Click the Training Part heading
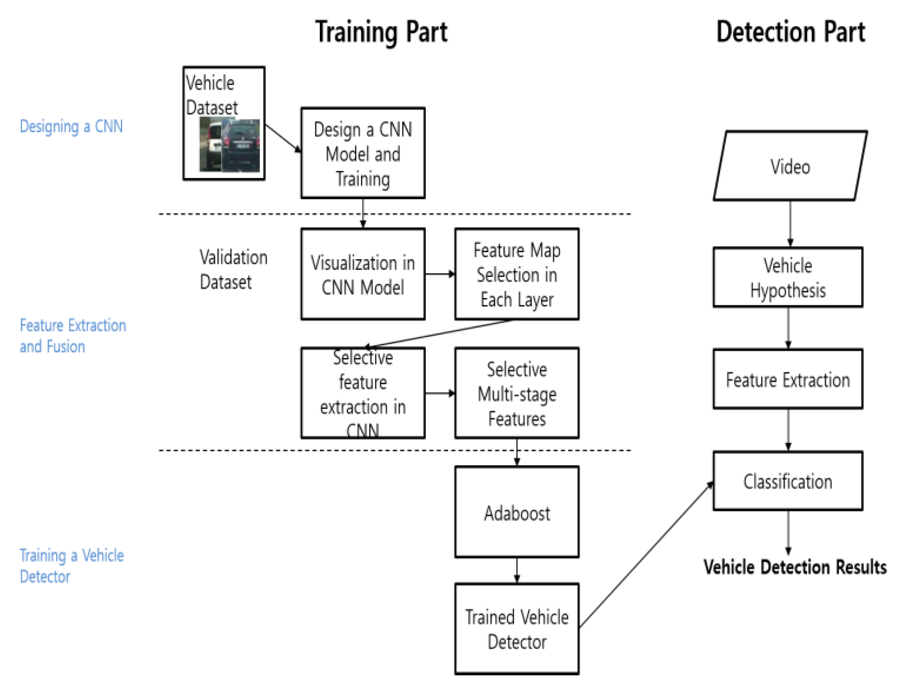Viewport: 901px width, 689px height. (x=381, y=32)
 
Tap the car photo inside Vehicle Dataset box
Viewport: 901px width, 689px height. (x=230, y=145)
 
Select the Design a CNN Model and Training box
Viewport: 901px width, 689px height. (x=363, y=153)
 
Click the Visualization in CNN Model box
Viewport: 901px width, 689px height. (x=363, y=274)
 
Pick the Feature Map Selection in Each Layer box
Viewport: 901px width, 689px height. (x=517, y=274)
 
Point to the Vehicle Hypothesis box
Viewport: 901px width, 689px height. (x=788, y=277)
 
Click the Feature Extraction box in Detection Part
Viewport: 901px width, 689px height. (x=788, y=379)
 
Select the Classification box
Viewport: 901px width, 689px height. (x=788, y=481)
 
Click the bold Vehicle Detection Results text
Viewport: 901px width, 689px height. (x=795, y=567)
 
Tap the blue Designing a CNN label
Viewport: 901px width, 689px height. (x=71, y=126)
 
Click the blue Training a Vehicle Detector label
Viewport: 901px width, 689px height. (x=71, y=565)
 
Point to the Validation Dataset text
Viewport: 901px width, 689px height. (x=233, y=269)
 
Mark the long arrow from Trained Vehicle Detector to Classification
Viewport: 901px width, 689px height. (x=646, y=555)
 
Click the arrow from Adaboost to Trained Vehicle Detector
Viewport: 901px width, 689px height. (x=517, y=571)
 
